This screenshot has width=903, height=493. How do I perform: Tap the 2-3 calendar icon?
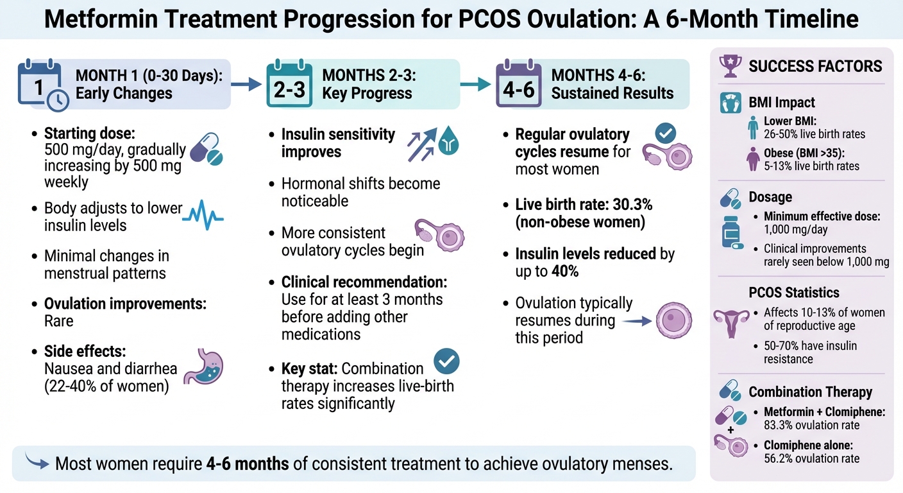coord(289,85)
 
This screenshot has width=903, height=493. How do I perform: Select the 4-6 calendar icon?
coord(519,84)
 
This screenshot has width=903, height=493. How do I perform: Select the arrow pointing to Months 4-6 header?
coord(475,83)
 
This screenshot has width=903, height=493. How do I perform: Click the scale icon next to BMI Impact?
coord(730,103)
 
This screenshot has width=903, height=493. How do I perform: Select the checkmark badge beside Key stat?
coord(446,362)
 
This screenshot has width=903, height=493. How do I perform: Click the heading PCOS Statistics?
coord(794,293)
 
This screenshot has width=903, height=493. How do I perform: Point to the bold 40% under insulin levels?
coord(565,271)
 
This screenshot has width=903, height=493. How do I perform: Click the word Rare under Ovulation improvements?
coord(58,321)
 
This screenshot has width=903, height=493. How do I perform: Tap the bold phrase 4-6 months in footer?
coord(248,463)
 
